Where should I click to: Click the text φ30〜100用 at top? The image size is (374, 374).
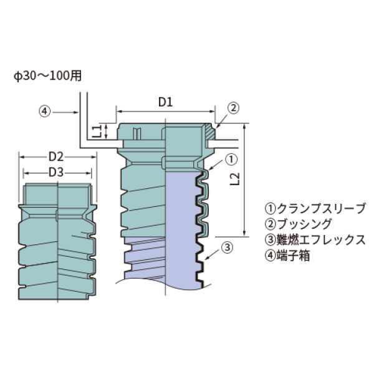47,75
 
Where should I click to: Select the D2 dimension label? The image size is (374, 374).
57,156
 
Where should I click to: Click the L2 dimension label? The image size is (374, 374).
235,180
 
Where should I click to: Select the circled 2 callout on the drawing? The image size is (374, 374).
232,107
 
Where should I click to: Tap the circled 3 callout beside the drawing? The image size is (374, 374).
228,247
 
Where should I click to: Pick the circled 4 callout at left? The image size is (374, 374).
44,112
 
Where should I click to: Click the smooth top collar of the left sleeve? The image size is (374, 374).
57,194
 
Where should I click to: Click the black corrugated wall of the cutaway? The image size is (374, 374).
202,249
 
